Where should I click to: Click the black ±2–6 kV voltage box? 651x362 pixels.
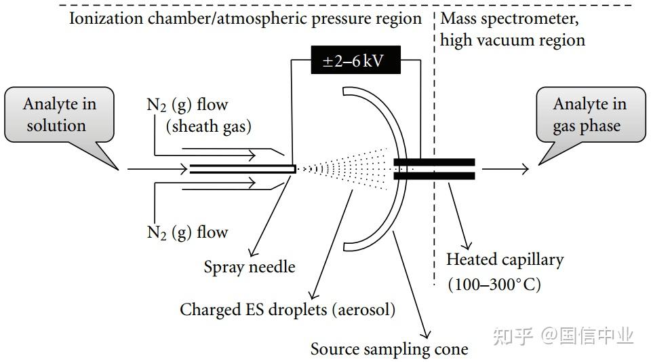356,60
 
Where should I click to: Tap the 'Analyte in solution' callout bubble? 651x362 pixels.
60,115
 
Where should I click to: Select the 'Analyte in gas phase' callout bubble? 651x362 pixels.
591,115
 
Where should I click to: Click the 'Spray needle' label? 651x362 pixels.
250,267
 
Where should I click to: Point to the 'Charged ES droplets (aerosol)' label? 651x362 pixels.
288,310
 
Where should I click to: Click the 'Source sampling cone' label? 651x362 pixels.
389,349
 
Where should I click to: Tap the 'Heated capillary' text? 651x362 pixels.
505,259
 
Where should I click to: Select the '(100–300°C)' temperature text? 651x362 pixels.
494,285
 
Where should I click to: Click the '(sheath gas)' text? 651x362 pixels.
208,126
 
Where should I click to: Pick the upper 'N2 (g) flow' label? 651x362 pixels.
187,105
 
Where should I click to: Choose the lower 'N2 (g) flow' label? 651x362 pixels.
187,232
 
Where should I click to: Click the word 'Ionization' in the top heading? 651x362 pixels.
106,19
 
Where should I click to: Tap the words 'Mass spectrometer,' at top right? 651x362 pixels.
509,19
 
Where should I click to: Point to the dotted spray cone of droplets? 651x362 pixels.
344,168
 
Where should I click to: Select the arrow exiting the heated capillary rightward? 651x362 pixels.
505,168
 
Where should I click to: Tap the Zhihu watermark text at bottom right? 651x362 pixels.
564,336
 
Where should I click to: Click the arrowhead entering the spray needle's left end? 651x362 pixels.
183,168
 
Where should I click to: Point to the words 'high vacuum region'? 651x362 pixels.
513,41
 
